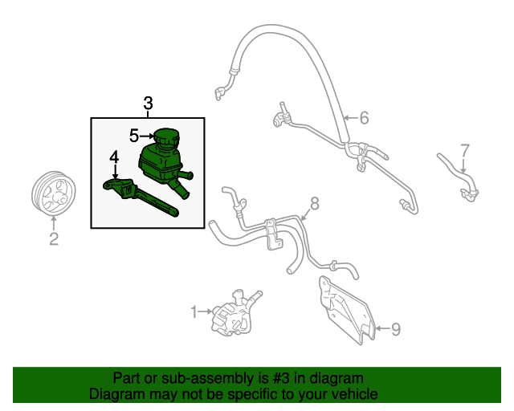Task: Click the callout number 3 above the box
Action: (148, 104)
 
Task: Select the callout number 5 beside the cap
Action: (134, 136)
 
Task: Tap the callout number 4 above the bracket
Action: (114, 157)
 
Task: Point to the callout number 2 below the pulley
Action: (54, 238)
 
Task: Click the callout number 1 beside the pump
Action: (194, 311)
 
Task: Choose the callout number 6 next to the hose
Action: (364, 118)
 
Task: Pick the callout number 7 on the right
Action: (465, 150)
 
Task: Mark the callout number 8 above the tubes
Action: (314, 204)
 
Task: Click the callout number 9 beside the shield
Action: (396, 329)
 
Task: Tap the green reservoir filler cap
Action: (167, 138)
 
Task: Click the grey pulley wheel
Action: (54, 193)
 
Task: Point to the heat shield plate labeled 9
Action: (347, 310)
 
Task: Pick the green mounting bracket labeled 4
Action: (141, 197)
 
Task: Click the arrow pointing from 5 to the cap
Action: (147, 136)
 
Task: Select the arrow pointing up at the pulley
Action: (54, 223)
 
